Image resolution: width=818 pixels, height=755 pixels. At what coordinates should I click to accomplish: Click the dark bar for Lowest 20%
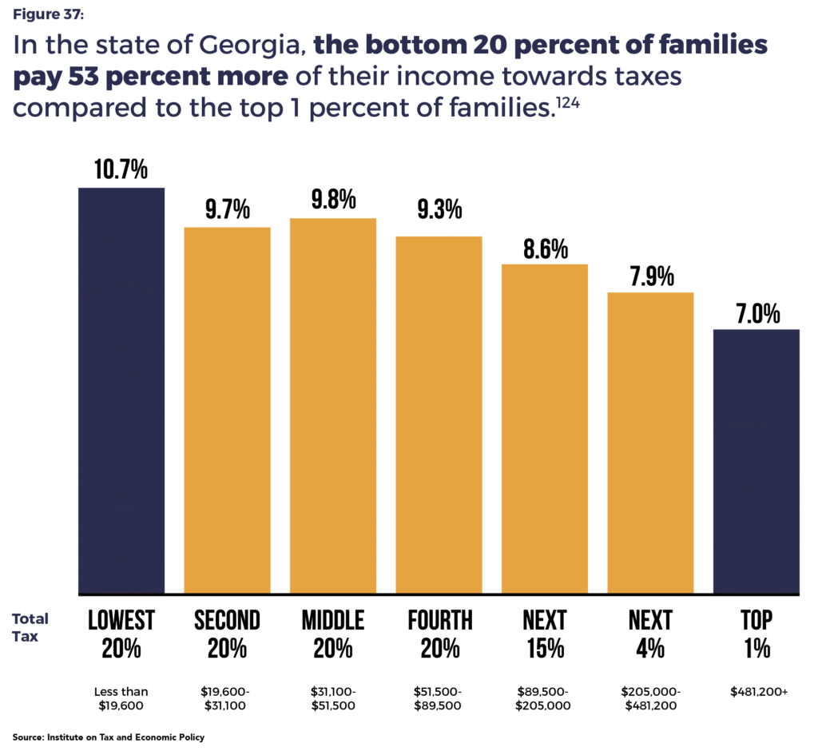click(121, 391)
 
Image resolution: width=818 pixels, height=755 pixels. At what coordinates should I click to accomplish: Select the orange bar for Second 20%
click(228, 411)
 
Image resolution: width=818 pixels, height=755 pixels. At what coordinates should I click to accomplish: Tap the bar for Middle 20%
click(333, 406)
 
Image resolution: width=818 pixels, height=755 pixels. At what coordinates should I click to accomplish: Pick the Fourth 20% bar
click(439, 415)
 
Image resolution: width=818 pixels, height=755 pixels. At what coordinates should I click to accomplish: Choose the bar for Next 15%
click(545, 429)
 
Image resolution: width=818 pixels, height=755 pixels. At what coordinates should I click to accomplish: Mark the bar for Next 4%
click(651, 443)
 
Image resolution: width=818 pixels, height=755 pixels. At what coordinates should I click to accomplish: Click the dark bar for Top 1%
click(756, 462)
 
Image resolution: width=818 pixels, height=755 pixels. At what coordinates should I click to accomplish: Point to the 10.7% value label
click(121, 170)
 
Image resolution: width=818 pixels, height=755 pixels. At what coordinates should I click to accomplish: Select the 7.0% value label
click(756, 313)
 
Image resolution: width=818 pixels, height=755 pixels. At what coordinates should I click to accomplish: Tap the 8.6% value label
click(545, 248)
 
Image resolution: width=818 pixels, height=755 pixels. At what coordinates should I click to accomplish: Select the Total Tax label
click(30, 628)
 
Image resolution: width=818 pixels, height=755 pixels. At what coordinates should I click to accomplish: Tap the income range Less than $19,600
click(121, 697)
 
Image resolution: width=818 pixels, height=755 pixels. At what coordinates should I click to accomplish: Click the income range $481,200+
click(756, 692)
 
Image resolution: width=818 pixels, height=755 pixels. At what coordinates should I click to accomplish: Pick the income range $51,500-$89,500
click(439, 697)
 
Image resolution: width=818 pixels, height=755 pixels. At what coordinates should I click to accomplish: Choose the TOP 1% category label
click(756, 634)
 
